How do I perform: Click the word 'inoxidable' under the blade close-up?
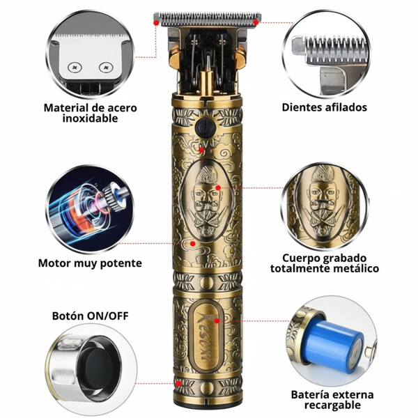tap(90, 118)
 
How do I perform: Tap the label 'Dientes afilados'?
tap(325, 107)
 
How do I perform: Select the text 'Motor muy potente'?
tap(90, 263)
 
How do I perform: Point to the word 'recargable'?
tap(332, 405)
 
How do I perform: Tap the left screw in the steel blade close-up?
tap(75, 68)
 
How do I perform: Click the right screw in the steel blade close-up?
tap(106, 67)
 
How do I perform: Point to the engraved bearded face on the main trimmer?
tap(206, 201)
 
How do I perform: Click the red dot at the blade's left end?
tap(156, 23)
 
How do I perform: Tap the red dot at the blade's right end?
tap(256, 23)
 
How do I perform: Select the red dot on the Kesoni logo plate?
tap(217, 321)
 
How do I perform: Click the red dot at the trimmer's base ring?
tap(178, 384)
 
